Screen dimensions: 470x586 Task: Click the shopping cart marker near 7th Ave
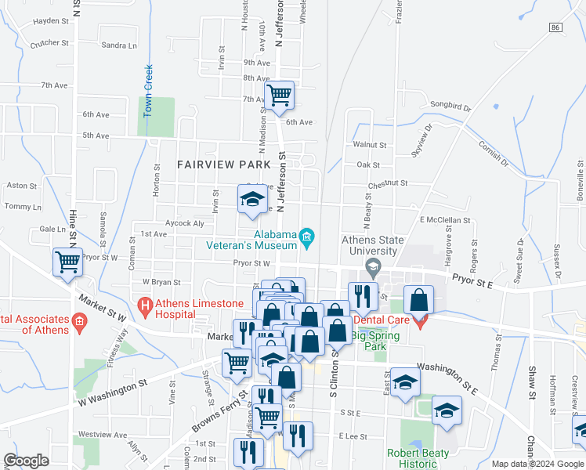pos(279,96)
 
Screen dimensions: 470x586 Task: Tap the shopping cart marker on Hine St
pos(67,262)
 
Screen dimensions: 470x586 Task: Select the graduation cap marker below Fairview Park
pos(252,200)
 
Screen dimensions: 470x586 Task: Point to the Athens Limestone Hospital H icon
pos(144,303)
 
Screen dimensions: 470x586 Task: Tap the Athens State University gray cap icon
pos(373,267)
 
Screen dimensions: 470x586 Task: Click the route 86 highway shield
pos(555,27)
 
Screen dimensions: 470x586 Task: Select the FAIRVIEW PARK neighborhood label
pos(223,164)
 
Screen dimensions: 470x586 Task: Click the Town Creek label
pos(147,91)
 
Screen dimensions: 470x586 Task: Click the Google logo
pos(26,461)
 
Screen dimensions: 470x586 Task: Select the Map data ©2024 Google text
pos(537,464)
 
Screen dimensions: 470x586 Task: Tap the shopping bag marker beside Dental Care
pos(419,301)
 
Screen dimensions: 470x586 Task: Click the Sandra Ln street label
pos(119,45)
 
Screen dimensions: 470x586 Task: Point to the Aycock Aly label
pos(184,223)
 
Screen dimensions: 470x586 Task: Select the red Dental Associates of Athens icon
pos(78,320)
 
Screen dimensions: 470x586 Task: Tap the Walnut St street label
pos(370,145)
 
